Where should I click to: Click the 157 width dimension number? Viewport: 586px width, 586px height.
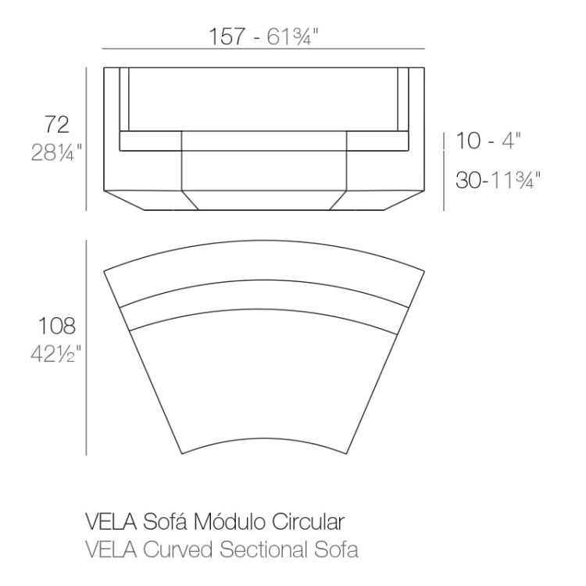pos(227,36)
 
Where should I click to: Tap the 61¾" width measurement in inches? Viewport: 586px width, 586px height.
pos(292,36)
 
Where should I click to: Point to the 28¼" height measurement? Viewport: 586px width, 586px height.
pos(56,152)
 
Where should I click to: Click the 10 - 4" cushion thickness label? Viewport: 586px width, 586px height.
pos(488,141)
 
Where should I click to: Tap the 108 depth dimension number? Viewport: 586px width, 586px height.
pos(57,326)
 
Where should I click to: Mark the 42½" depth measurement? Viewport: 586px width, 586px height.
pos(55,353)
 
